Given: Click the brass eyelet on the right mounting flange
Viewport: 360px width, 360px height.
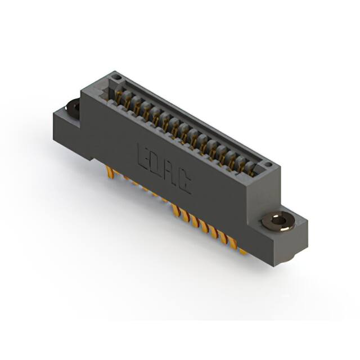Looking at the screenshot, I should [x=278, y=221].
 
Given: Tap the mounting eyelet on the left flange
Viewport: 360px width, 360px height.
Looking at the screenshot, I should [x=73, y=105].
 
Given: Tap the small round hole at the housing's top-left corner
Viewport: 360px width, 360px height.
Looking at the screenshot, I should [x=115, y=75].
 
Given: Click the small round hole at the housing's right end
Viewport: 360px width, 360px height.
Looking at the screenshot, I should [x=271, y=165].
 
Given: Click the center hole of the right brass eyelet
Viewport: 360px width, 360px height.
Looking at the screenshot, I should [x=278, y=220].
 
